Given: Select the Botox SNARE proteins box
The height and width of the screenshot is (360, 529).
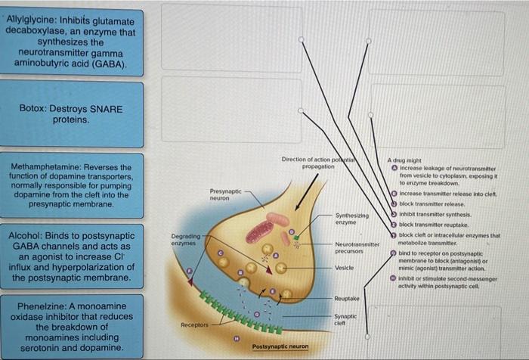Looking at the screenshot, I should [x=71, y=114].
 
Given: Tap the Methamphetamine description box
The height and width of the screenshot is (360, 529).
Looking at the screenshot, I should [x=71, y=185].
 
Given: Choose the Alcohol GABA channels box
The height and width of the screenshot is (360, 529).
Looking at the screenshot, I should [x=71, y=257].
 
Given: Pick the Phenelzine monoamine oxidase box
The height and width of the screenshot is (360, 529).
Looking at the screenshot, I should [x=71, y=327].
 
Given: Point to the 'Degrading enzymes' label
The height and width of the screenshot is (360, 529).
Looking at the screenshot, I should [x=185, y=240].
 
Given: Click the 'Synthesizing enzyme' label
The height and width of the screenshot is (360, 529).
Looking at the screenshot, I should [x=351, y=219].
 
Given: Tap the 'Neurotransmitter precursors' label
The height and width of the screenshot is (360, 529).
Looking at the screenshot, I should [x=355, y=248].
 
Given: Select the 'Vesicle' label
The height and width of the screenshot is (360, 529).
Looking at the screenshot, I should [x=344, y=268].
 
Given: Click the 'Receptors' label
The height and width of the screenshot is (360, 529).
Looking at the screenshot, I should [x=194, y=324].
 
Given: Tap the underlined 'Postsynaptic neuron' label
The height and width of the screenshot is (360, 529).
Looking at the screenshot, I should [x=280, y=346].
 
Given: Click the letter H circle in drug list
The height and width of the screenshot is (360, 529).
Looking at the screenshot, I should [x=393, y=278].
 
